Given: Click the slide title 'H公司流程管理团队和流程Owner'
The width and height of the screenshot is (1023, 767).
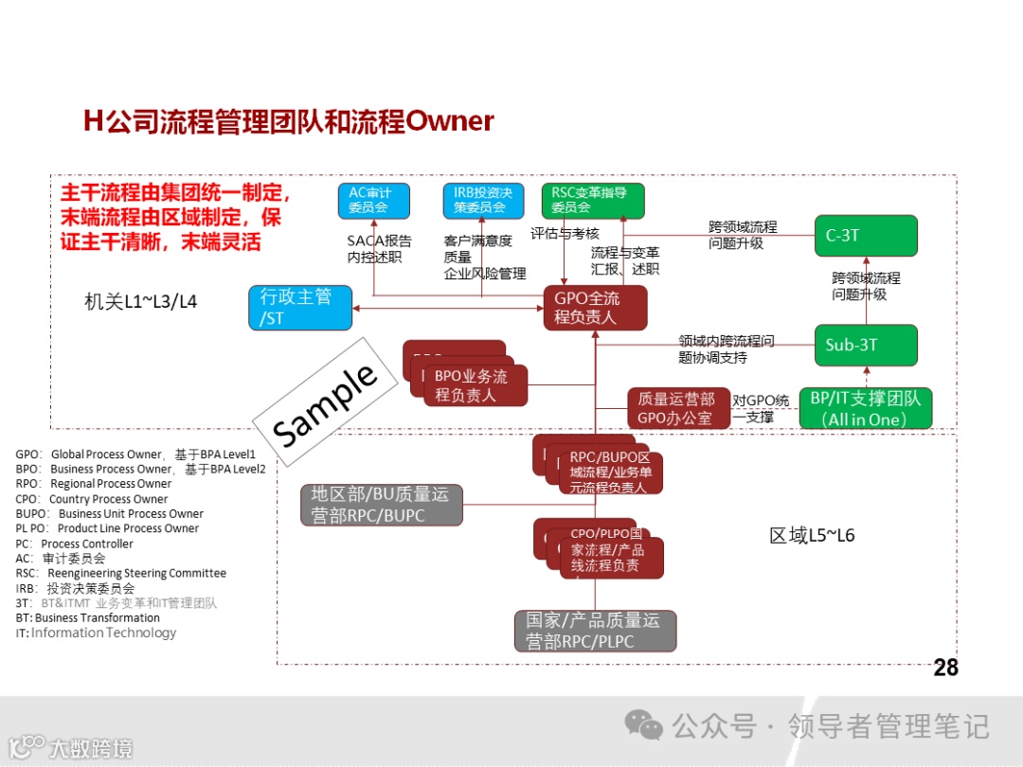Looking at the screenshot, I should point(289,121).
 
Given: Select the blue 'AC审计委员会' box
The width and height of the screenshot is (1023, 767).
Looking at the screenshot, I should point(372,200).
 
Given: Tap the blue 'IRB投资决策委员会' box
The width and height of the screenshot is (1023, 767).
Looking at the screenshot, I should point(482,200).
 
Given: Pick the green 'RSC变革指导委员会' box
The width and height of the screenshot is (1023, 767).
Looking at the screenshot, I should point(592,200).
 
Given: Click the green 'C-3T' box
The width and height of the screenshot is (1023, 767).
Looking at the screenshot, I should point(866,236).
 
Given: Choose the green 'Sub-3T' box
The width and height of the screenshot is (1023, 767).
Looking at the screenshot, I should point(866,345).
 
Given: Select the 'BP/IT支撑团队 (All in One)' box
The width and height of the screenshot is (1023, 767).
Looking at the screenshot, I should point(865,408).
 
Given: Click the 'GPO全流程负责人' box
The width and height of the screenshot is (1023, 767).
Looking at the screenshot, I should point(595,309).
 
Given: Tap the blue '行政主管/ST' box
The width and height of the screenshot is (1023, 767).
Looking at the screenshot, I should point(298,308).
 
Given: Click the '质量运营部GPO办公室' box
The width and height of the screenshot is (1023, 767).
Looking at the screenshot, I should point(677,408).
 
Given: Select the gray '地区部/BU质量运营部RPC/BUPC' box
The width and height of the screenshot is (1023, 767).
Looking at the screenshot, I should point(382,505).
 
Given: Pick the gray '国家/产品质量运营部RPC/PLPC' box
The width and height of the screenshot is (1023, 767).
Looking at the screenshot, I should point(595,632).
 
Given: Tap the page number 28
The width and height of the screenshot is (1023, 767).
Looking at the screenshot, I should point(945,668).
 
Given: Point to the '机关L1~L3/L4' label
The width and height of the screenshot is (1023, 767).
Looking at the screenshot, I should point(141,302).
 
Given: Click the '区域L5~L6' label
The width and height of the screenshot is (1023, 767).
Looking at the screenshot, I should point(812,536).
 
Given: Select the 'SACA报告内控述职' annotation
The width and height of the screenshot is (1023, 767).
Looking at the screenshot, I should point(378,248).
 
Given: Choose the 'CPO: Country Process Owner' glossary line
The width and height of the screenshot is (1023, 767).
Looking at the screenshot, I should point(92,499).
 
